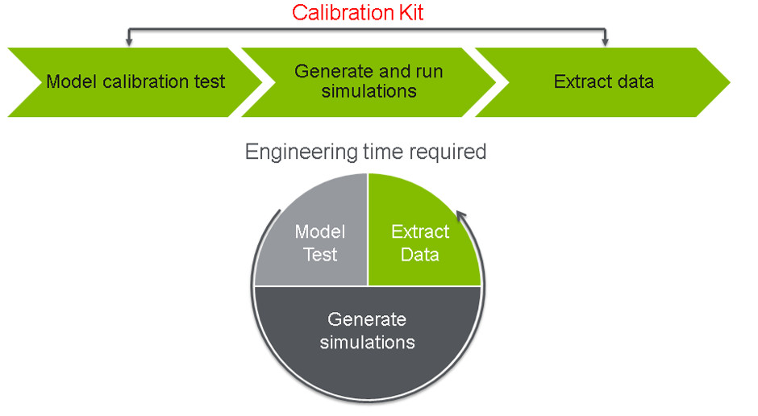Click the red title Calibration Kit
(357, 13)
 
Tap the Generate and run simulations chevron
(368, 81)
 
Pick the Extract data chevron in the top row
(603, 81)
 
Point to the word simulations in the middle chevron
(369, 91)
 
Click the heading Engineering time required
(365, 152)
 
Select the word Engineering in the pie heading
(298, 152)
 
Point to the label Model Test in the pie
(320, 243)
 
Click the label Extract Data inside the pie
(420, 243)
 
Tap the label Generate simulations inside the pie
(367, 331)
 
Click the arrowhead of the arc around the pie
(461, 215)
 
